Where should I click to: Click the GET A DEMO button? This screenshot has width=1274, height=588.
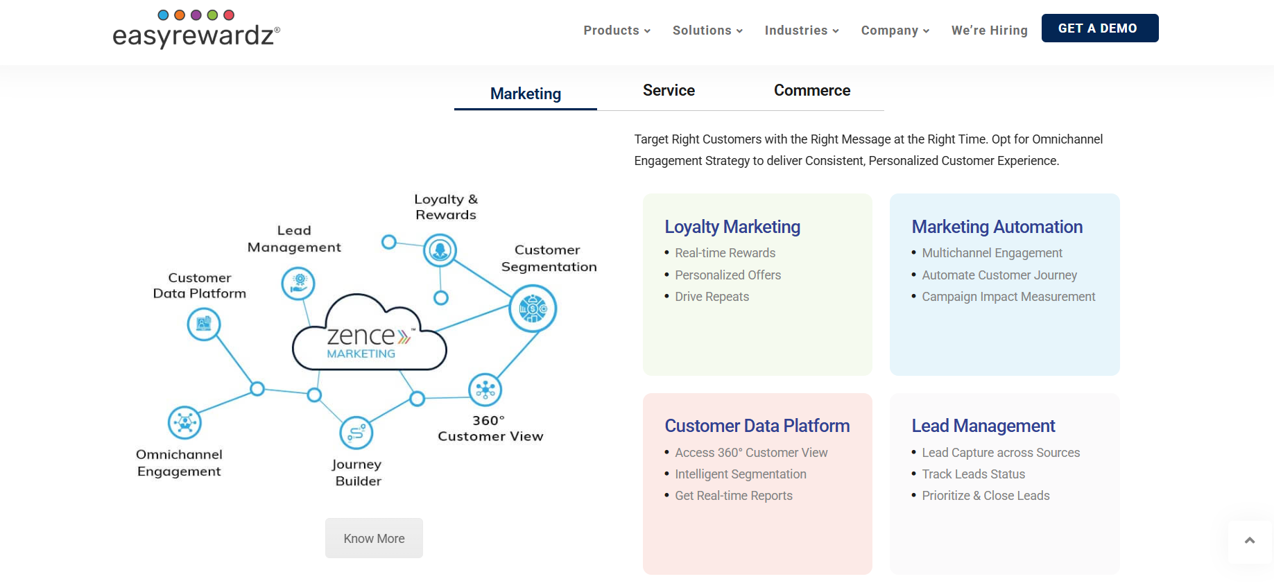[x=1100, y=28]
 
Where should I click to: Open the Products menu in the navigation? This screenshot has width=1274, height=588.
[x=617, y=31]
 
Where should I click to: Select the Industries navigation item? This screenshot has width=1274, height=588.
[x=802, y=31]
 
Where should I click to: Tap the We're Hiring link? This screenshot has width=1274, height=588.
[x=990, y=31]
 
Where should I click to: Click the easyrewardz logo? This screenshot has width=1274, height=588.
[x=196, y=29]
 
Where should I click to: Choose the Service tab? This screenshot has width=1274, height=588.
[x=669, y=90]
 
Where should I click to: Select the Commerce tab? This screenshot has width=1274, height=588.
[x=812, y=90]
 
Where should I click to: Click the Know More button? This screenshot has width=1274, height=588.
[x=374, y=538]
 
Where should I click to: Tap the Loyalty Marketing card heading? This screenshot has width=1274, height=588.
[x=732, y=227]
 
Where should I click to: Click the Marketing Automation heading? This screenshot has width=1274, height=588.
[x=997, y=227]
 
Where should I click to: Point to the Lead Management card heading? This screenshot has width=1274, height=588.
[x=983, y=426]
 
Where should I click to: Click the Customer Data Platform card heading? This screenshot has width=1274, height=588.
[x=757, y=426]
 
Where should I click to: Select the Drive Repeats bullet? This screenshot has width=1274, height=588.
[x=712, y=297]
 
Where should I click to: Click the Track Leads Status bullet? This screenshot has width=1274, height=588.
[x=973, y=474]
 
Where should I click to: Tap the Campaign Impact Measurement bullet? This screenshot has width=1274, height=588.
[x=1008, y=297]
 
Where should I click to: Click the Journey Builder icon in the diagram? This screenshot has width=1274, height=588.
[x=356, y=433]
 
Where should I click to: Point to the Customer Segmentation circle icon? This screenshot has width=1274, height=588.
[x=533, y=309]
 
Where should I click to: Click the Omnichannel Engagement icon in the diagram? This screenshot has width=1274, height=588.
[x=184, y=422]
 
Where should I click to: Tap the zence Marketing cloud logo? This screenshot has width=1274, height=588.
[x=370, y=332]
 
